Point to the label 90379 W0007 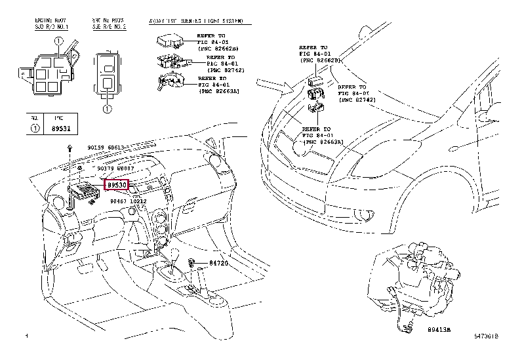coord(115,169)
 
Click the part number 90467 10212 coord(129,201)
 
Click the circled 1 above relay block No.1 coord(58,41)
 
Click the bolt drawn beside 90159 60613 coord(70,150)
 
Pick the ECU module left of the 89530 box coord(83,191)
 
